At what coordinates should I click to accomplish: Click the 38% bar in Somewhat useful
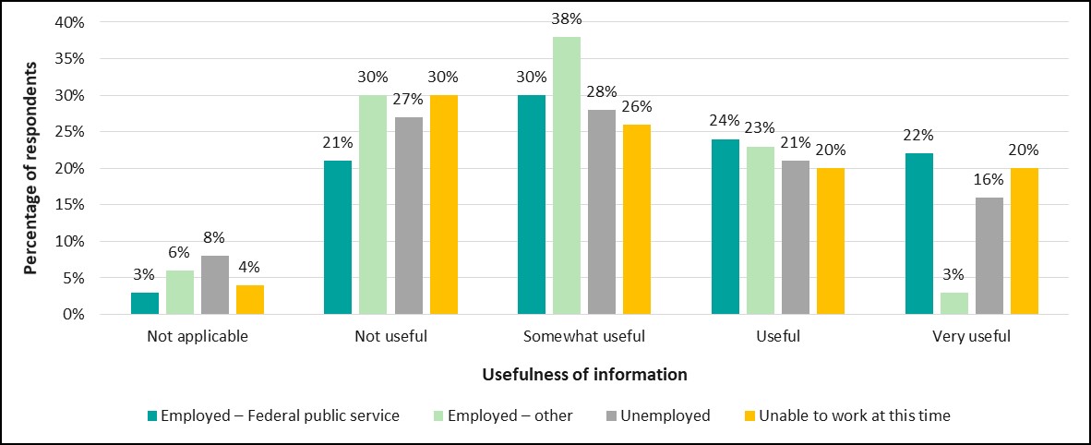(567, 175)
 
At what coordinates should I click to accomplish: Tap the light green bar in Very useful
(953, 304)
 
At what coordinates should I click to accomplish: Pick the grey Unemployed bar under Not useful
(409, 216)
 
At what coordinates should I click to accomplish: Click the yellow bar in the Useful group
(831, 241)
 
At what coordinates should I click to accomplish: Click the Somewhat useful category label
(584, 337)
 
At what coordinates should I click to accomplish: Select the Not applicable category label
(198, 337)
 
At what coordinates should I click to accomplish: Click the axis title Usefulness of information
(584, 375)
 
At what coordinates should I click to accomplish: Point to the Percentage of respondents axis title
(30, 168)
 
